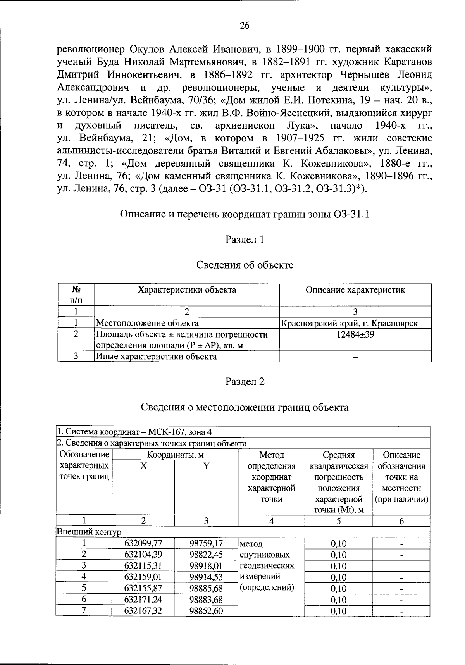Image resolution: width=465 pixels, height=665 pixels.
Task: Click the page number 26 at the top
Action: [x=245, y=26]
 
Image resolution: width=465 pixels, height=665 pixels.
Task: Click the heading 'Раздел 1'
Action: [x=245, y=239]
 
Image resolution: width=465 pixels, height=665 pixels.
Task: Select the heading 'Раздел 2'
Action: [x=245, y=381]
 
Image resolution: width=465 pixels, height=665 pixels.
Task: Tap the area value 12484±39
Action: [x=355, y=334]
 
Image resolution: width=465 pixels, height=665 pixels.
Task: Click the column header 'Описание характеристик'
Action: [x=355, y=290]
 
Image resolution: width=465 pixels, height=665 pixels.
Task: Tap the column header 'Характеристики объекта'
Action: [x=187, y=290]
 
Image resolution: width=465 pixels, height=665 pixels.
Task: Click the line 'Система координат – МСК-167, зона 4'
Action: [x=134, y=432]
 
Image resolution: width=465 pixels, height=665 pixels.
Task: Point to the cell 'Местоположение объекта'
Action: [x=148, y=323]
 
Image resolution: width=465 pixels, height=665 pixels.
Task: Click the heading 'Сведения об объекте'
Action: [x=245, y=265]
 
